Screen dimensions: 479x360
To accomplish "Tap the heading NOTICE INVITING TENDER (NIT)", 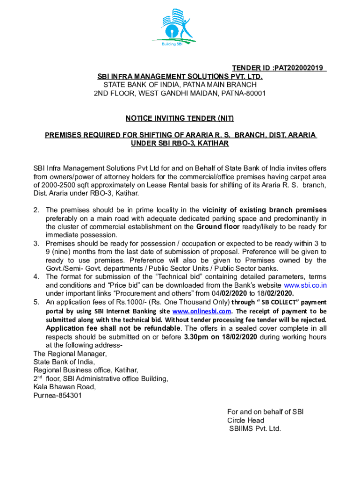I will pyautogui.click(x=180, y=118).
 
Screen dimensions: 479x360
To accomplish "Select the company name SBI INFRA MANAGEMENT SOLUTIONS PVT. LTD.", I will pyautogui.click(x=180, y=76).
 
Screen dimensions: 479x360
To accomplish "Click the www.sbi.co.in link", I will pyautogui.click(x=305, y=285).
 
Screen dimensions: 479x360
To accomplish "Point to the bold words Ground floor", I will pyautogui.click(x=218, y=227).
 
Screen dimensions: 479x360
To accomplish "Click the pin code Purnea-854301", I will pyautogui.click(x=58, y=395).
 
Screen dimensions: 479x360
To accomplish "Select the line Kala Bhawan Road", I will pyautogui.click(x=65, y=387).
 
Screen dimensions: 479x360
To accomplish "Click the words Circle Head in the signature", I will pyautogui.click(x=245, y=420).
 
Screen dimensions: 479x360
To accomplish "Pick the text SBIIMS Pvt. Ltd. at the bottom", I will pyautogui.click(x=255, y=428).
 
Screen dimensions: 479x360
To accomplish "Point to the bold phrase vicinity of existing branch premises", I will pyautogui.click(x=264, y=210).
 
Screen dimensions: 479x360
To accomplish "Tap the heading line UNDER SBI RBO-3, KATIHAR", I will pyautogui.click(x=180, y=144).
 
